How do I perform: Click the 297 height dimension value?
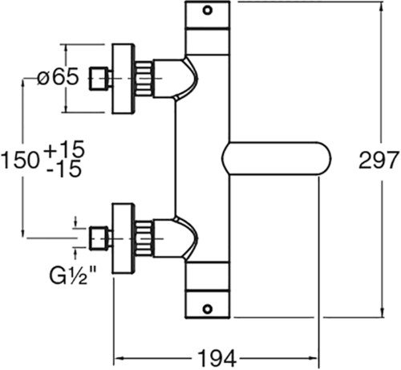click(379, 160)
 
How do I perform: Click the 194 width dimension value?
click(217, 358)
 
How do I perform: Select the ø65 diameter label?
click(58, 76)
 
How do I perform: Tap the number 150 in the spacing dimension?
click(20, 160)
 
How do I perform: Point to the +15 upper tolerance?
click(65, 148)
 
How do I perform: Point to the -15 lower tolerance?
click(63, 169)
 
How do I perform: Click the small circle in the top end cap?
click(208, 10)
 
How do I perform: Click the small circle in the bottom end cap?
click(208, 309)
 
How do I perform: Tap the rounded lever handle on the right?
click(277, 158)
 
